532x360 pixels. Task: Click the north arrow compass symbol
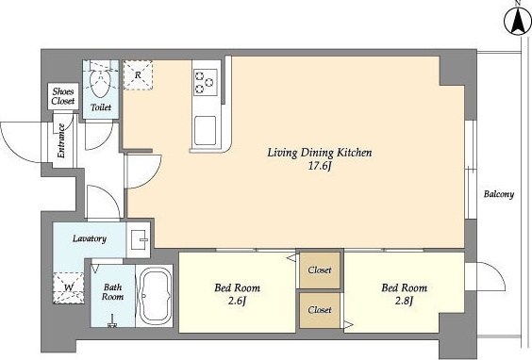pyautogui.click(x=518, y=22)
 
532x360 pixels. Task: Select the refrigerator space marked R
pyautogui.click(x=138, y=74)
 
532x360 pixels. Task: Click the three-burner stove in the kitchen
pyautogui.click(x=206, y=82)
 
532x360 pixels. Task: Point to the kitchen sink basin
pyautogui.click(x=205, y=130)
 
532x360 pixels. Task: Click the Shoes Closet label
pyautogui.click(x=63, y=96)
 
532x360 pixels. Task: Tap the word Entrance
pyautogui.click(x=61, y=140)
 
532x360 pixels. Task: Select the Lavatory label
pyautogui.click(x=90, y=238)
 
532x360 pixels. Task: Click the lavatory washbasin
pyautogui.click(x=140, y=238)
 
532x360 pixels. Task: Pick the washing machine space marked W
pyautogui.click(x=69, y=287)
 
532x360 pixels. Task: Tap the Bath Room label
pyautogui.click(x=112, y=292)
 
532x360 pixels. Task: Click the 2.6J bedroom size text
pyautogui.click(x=237, y=301)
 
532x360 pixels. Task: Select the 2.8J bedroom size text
pyautogui.click(x=404, y=301)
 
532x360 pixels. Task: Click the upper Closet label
pyautogui.click(x=320, y=270)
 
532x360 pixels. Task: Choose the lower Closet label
pyautogui.click(x=320, y=310)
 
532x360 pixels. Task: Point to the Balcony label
pyautogui.click(x=499, y=194)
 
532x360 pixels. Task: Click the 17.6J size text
pyautogui.click(x=319, y=167)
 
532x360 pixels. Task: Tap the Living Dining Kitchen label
pyautogui.click(x=320, y=153)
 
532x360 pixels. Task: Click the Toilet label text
pyautogui.click(x=101, y=107)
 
